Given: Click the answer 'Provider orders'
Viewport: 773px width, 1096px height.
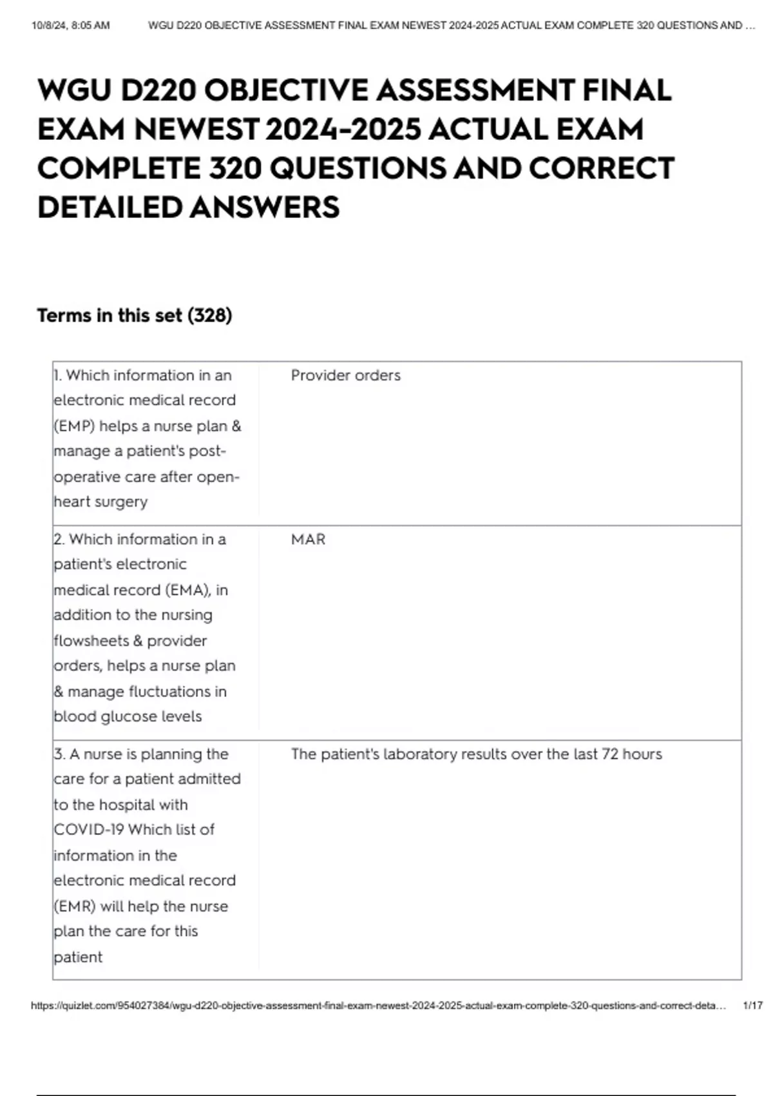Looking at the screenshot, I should pos(345,375).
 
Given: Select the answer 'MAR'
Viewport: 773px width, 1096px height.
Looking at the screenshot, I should pos(308,539).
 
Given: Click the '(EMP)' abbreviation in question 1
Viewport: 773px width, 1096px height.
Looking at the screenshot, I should pos(74,426).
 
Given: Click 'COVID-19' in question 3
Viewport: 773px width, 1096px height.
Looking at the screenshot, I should pos(88,830).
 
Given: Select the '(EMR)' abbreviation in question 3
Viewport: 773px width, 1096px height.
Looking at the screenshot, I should pos(75,906).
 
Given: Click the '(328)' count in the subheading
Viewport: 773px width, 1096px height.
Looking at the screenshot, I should pos(209,315).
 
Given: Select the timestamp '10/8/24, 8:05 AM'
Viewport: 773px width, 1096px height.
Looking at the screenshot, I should pos(71,26).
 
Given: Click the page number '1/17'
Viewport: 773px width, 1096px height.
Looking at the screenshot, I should pos(752,1005).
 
